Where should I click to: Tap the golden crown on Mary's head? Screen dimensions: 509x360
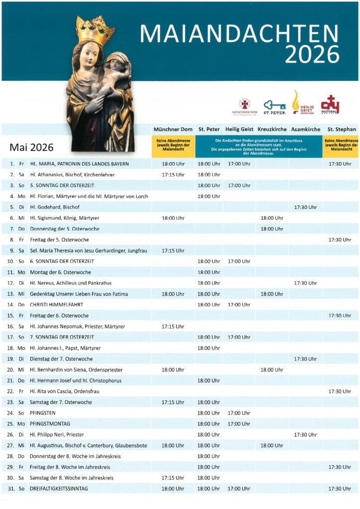point(95,31)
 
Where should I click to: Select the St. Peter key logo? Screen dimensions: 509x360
point(274,105)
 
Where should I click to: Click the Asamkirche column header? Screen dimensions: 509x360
point(305,129)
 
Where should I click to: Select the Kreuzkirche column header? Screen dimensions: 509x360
point(272,129)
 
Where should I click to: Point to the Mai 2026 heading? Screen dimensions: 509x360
point(31,148)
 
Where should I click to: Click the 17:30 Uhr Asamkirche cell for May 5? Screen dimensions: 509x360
point(305,207)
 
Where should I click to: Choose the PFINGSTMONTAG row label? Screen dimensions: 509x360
point(50,424)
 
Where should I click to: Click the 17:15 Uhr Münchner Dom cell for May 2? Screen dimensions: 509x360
point(173,174)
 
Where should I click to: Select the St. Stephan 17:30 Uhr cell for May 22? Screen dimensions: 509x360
point(340,392)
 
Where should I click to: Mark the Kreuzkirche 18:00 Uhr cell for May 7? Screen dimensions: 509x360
point(272,229)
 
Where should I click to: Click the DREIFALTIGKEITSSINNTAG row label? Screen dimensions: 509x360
point(59,489)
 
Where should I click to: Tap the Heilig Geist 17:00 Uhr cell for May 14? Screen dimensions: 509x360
point(239,305)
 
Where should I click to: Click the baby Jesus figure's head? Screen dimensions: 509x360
point(115,62)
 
